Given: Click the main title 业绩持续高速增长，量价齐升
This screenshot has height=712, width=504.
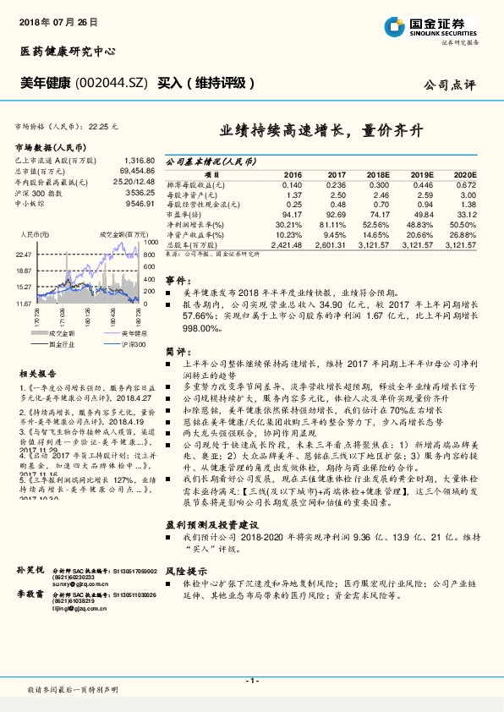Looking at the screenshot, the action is click(x=321, y=131).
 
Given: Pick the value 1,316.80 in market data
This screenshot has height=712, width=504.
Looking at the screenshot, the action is click(x=139, y=160).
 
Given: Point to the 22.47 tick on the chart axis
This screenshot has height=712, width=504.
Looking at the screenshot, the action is click(x=23, y=254).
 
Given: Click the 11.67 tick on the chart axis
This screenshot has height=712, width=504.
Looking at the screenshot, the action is click(x=23, y=302).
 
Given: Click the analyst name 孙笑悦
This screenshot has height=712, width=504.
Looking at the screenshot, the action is click(x=30, y=572).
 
